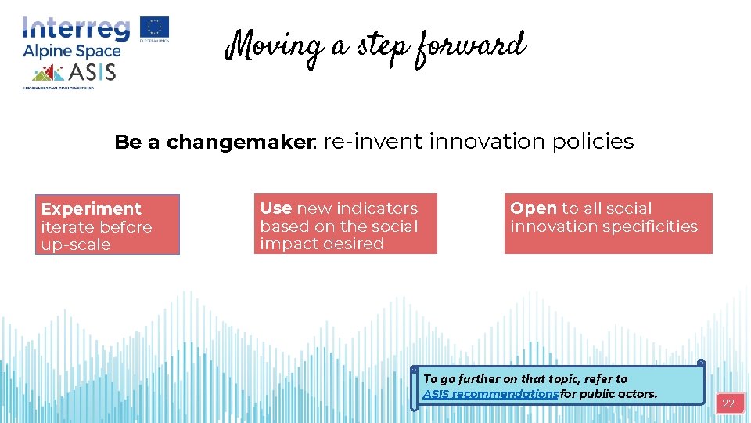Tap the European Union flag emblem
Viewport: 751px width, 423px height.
coord(154,27)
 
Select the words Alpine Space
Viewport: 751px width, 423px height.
coord(71,52)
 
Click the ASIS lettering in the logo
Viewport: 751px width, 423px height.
coord(93,73)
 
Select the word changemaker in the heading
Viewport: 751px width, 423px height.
coord(239,143)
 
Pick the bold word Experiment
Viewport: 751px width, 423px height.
coord(91,209)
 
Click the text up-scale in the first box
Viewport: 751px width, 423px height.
coord(75,244)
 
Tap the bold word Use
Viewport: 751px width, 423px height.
coord(275,208)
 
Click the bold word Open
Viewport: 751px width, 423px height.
coord(533,208)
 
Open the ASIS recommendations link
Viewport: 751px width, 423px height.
coord(490,393)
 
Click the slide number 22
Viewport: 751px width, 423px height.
coord(728,404)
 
